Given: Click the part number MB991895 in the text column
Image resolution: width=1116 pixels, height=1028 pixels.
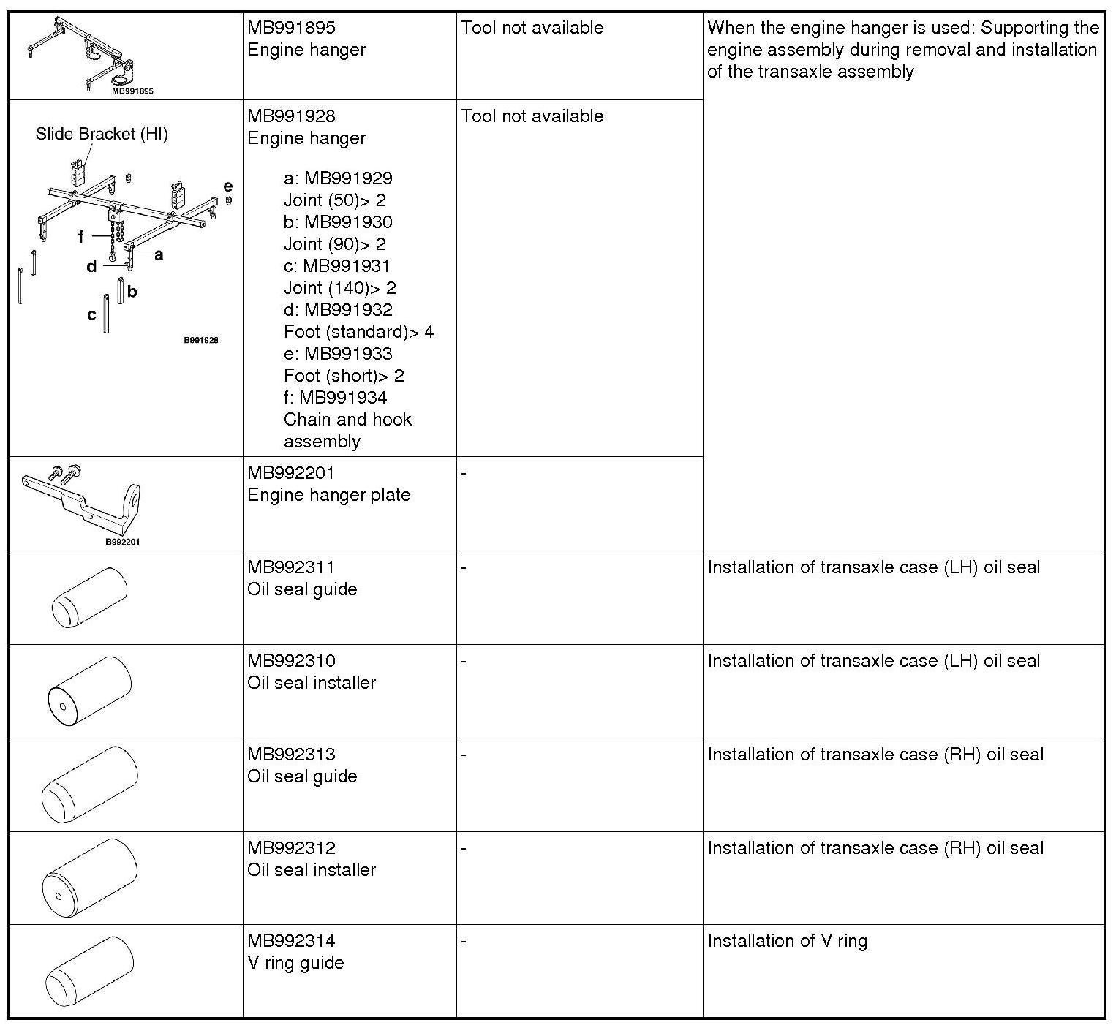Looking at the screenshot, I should (291, 28).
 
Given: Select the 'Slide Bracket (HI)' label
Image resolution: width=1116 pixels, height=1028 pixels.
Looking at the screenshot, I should (102, 135).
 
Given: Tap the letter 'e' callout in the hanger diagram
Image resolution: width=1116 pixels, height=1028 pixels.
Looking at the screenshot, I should (228, 186).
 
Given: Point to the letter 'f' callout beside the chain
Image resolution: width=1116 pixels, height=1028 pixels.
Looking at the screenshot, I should (81, 236).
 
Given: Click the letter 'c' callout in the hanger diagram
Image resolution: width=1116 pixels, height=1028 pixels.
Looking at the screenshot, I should (91, 315).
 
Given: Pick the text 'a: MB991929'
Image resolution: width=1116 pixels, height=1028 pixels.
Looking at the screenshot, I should (338, 178).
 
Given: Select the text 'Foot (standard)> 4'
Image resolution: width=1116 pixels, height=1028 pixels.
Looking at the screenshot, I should (358, 332).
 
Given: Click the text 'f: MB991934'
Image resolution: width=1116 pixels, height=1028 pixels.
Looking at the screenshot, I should (336, 398).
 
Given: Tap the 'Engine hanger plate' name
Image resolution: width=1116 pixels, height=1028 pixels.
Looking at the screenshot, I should (328, 495).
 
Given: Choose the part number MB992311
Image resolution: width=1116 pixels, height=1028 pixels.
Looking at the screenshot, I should (291, 567).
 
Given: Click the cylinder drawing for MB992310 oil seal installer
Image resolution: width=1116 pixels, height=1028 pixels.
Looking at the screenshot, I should (89, 692).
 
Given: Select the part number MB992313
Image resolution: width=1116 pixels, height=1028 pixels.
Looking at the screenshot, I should (291, 755).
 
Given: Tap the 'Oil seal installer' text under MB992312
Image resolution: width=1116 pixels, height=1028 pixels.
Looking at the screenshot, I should (312, 870).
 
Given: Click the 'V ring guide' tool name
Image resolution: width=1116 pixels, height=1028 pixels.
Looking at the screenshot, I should (295, 963).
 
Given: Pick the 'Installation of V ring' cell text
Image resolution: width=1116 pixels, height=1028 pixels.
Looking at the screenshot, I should (787, 941).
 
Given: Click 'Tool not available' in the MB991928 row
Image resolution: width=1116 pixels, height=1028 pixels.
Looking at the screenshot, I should (532, 116).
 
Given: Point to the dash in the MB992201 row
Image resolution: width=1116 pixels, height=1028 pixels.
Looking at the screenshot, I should (464, 474).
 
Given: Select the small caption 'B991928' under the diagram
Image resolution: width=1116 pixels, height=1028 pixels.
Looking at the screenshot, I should (200, 340).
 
